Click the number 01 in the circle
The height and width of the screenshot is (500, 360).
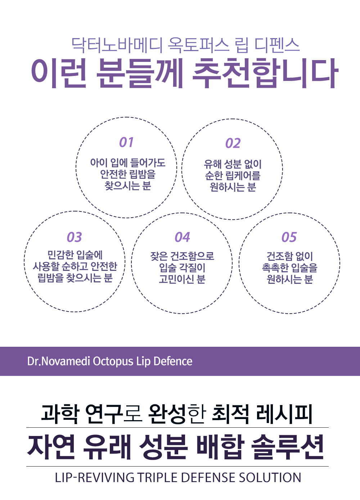point(126,142)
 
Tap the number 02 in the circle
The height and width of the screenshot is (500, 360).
point(233,144)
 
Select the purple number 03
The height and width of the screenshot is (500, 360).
point(75,237)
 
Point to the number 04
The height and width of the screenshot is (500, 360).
point(182,237)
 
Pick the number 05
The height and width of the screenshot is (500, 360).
point(289,237)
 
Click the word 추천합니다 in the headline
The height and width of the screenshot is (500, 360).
point(265,73)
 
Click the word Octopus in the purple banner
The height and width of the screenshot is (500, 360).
point(113,361)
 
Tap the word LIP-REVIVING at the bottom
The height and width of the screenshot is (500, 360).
point(94,478)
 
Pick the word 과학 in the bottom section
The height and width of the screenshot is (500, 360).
point(60,414)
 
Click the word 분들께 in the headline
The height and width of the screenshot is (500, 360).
point(140,73)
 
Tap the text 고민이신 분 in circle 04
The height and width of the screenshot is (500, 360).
point(182,279)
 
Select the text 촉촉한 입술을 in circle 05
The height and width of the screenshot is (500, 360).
point(289,268)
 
